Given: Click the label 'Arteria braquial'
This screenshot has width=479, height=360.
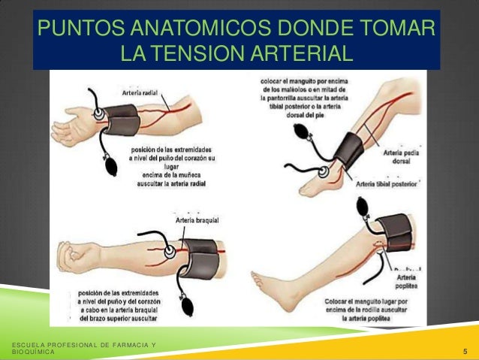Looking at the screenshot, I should (x=197, y=220).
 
